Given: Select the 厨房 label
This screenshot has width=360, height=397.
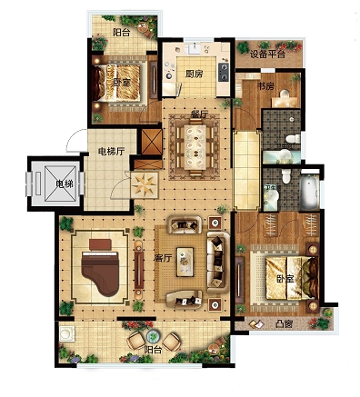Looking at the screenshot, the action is point(194,74).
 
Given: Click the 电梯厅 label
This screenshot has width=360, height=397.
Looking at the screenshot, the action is point(111,151).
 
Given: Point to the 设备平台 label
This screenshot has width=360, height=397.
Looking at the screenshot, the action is point(267,55).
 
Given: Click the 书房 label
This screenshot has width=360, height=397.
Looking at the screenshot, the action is point(265,86).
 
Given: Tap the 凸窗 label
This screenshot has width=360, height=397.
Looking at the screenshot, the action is point(284,323).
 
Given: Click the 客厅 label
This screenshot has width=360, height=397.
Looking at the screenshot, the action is point(163,258).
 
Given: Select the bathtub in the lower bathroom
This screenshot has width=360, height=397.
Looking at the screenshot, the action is point(309,191).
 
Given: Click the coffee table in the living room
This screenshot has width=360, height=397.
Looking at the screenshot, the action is point(185,262).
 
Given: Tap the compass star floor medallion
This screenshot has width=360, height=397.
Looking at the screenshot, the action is point(145,184).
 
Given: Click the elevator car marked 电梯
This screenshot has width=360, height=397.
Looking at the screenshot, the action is point(60,184).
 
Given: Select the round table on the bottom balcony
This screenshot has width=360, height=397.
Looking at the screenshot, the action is point(154,336).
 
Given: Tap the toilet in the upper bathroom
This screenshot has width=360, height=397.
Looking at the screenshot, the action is point(292,139).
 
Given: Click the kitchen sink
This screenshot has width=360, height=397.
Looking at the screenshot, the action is point(193,49).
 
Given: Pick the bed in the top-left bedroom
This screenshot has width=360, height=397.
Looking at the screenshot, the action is point(118,83).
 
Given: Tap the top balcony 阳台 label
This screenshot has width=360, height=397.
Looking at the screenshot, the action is point(121,33).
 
